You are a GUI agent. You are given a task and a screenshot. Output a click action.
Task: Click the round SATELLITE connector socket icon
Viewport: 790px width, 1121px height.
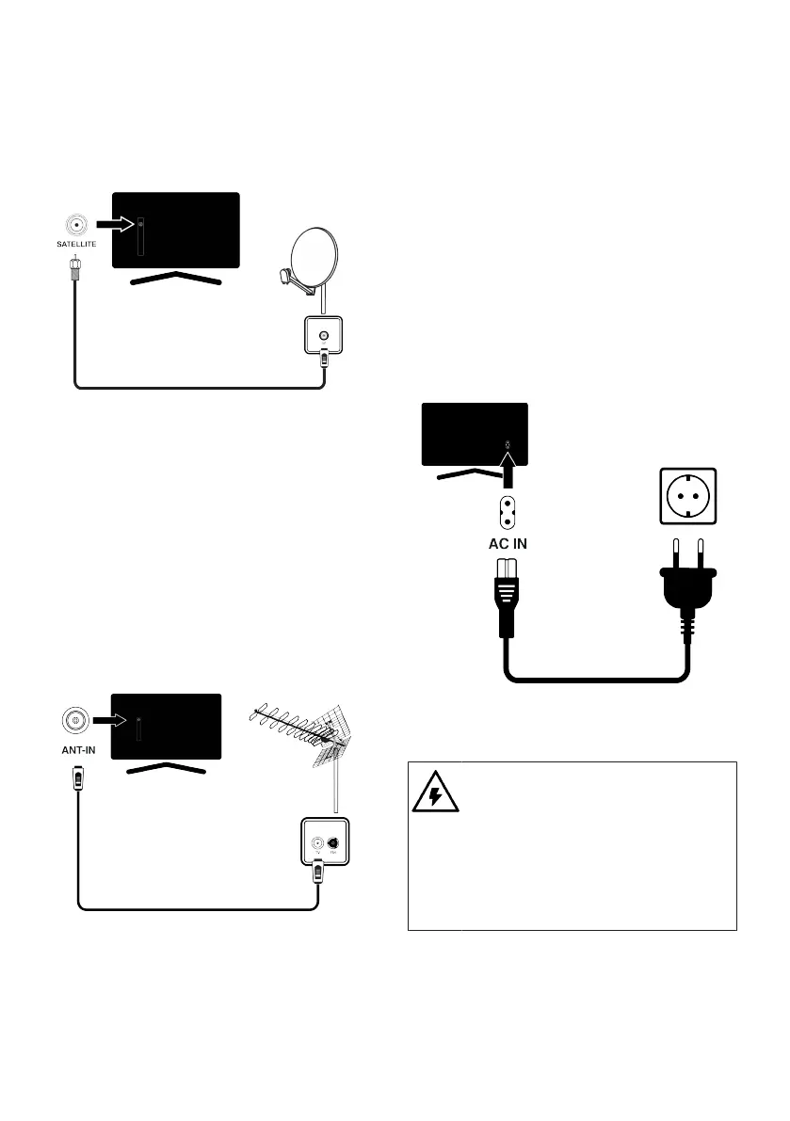[x=73, y=226]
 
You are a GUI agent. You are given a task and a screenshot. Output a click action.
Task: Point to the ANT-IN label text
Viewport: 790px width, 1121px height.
[x=74, y=752]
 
